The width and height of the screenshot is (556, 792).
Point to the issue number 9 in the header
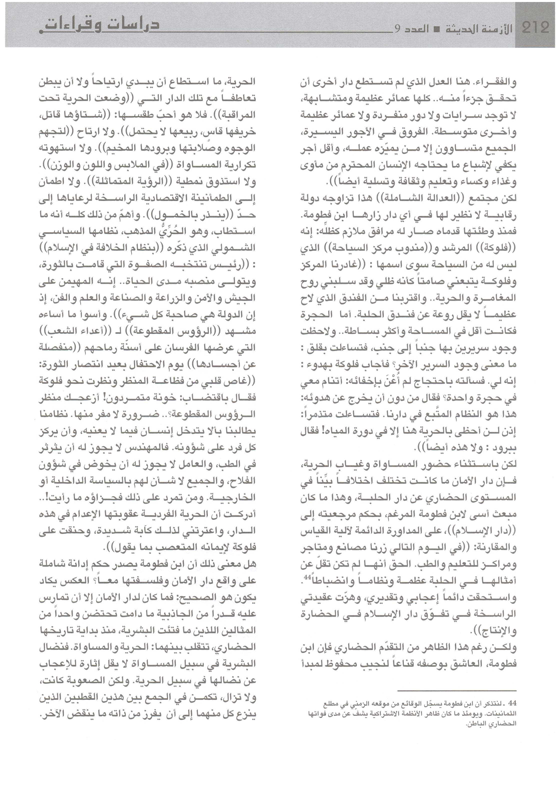point(397,29)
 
